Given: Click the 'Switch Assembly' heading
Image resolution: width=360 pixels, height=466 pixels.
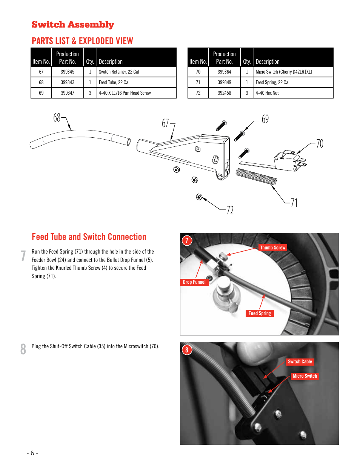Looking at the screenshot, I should pos(73,25).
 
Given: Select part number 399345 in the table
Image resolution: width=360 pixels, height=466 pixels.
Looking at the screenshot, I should pos(68,72).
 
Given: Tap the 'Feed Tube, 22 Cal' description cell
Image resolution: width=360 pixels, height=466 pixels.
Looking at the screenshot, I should pos(114,82).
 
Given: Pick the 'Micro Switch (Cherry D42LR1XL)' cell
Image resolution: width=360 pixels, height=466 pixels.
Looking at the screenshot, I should pos(284,72).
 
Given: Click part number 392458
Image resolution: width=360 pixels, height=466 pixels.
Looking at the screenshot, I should pos(225,93).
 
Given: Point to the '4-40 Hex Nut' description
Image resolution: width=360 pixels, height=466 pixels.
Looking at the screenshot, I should pos(267,93).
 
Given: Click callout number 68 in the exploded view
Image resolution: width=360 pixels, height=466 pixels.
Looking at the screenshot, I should pos(57,118).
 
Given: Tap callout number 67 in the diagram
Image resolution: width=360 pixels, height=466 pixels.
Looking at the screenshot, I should pos(165,123).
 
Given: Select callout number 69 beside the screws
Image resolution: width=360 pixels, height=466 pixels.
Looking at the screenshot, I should pos(265,119).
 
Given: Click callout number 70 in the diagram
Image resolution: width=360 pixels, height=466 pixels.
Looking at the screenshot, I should pos(320,143).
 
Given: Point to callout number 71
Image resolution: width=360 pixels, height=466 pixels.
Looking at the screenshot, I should pos(294,203).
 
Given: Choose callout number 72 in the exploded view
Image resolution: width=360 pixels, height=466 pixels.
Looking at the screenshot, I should pos(230,211).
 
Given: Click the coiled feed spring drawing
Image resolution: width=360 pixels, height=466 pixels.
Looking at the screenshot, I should pos(256,177).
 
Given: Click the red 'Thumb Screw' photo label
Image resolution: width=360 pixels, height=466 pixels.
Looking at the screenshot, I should pos(272,248).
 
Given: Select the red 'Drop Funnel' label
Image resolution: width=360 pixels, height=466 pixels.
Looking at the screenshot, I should pos(194,282).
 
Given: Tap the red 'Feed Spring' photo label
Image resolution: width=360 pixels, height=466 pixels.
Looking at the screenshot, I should pos(260,314).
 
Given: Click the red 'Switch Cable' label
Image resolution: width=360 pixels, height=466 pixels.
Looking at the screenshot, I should pos(300,362).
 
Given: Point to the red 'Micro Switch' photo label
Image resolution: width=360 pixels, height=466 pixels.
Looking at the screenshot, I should pos(305,376).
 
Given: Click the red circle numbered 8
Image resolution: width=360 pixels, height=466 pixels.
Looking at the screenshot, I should pos(186,350).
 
